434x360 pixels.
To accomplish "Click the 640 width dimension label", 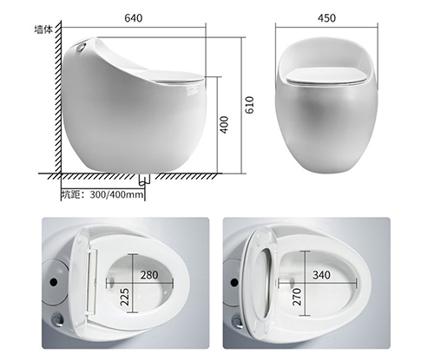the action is pos(134,18).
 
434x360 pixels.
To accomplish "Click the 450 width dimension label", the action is pos(326,18).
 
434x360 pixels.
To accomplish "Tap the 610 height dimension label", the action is pos(249,105).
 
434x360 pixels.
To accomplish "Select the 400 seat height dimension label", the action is pos(224,125).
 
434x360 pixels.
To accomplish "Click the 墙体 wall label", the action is pos(43,29).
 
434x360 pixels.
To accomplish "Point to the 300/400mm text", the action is pos(116,194).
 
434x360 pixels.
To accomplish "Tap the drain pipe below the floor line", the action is pos(144,180).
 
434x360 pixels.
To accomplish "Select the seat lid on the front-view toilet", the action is pos(326,76).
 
